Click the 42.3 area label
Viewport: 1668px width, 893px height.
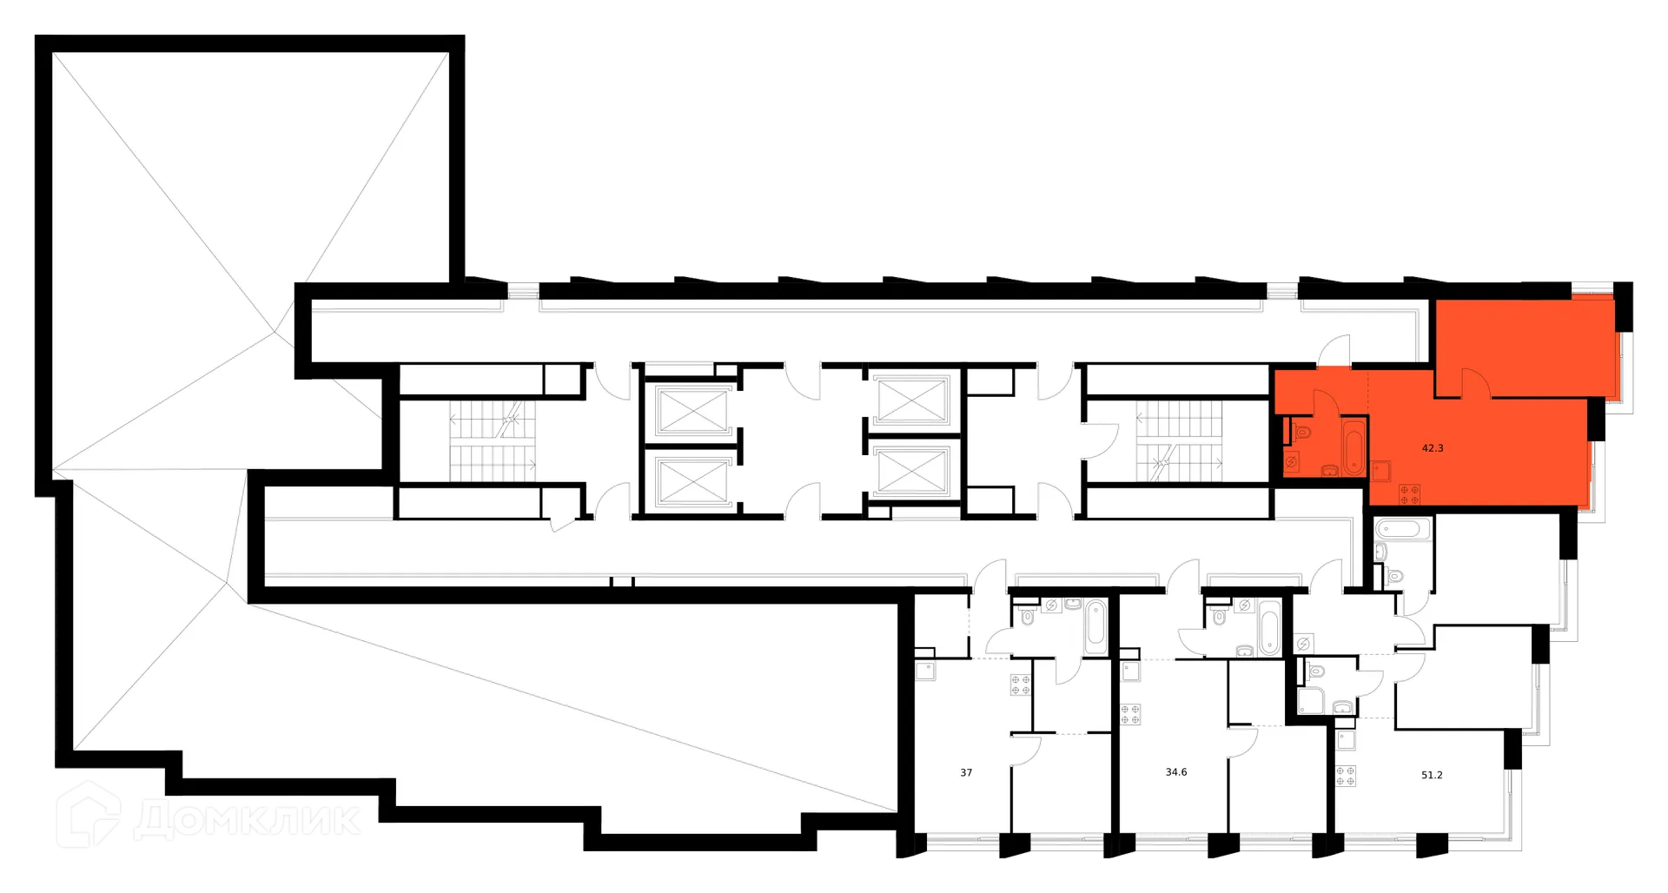tap(1433, 448)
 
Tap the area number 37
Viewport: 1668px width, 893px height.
tap(966, 772)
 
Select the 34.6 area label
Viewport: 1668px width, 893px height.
tap(1176, 771)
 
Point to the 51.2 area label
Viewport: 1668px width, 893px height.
tap(1432, 775)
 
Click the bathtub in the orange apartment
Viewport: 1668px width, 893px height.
tap(1354, 447)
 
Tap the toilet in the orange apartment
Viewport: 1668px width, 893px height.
tap(1301, 432)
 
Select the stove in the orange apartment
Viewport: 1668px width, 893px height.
tap(1409, 495)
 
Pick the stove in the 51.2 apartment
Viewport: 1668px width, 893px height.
tap(1346, 776)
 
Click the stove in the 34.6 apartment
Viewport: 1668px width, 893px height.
tap(1130, 714)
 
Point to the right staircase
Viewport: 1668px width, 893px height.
tap(1179, 441)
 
